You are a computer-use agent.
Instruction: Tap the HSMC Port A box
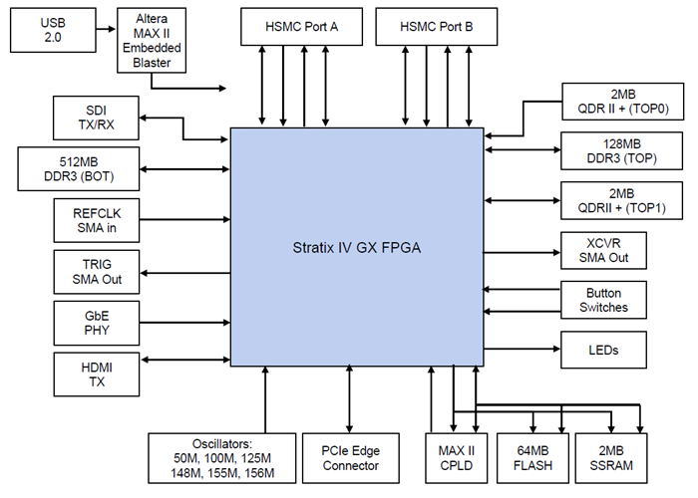click(302, 27)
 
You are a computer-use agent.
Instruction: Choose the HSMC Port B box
click(436, 27)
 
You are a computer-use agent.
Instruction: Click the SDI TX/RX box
click(98, 118)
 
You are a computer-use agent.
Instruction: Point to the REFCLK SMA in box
click(98, 219)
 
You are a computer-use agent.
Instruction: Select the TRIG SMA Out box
click(98, 271)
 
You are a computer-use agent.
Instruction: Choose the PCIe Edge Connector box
click(350, 456)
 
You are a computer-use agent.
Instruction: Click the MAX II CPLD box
click(455, 456)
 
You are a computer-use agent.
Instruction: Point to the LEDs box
click(604, 350)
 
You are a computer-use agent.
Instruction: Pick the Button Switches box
click(604, 300)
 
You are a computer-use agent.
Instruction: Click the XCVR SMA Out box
click(604, 251)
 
